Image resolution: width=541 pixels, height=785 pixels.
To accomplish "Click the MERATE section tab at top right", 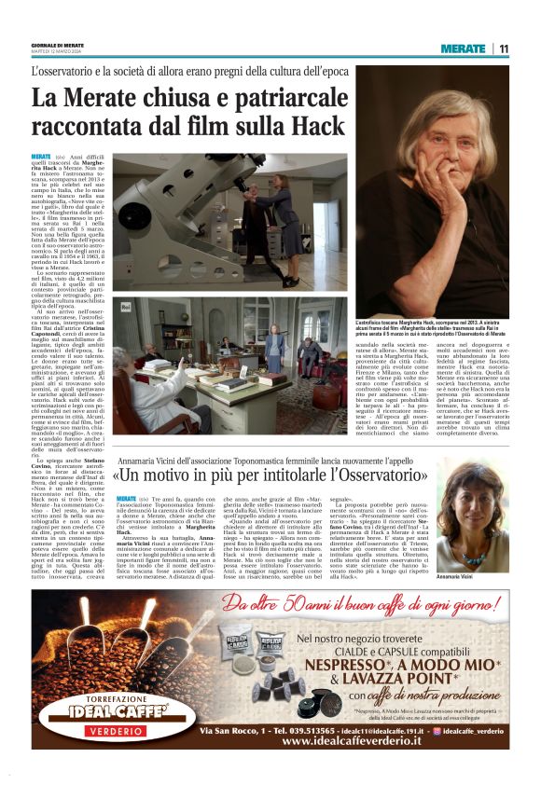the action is [464, 48].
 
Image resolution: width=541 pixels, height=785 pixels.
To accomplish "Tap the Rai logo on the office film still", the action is [127, 306].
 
